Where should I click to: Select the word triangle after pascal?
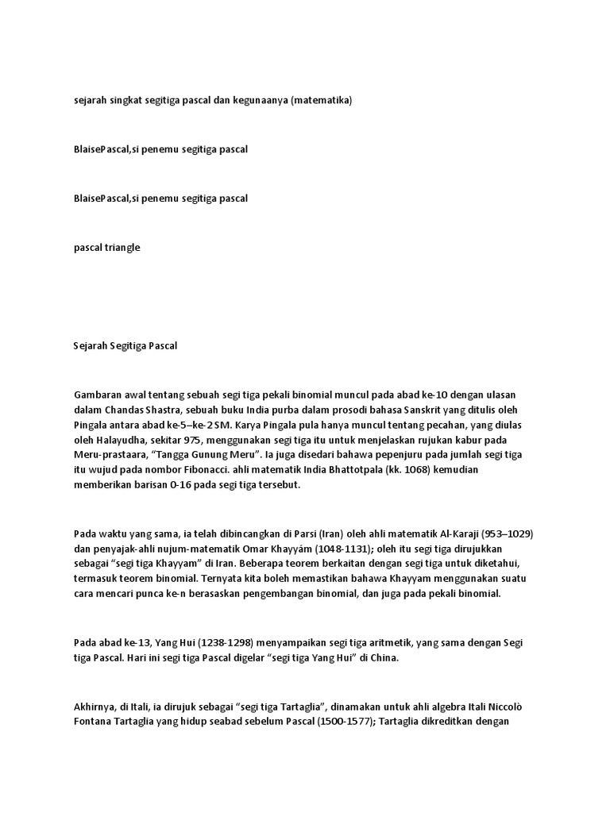(121, 248)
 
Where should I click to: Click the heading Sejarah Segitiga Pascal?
(126, 346)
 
